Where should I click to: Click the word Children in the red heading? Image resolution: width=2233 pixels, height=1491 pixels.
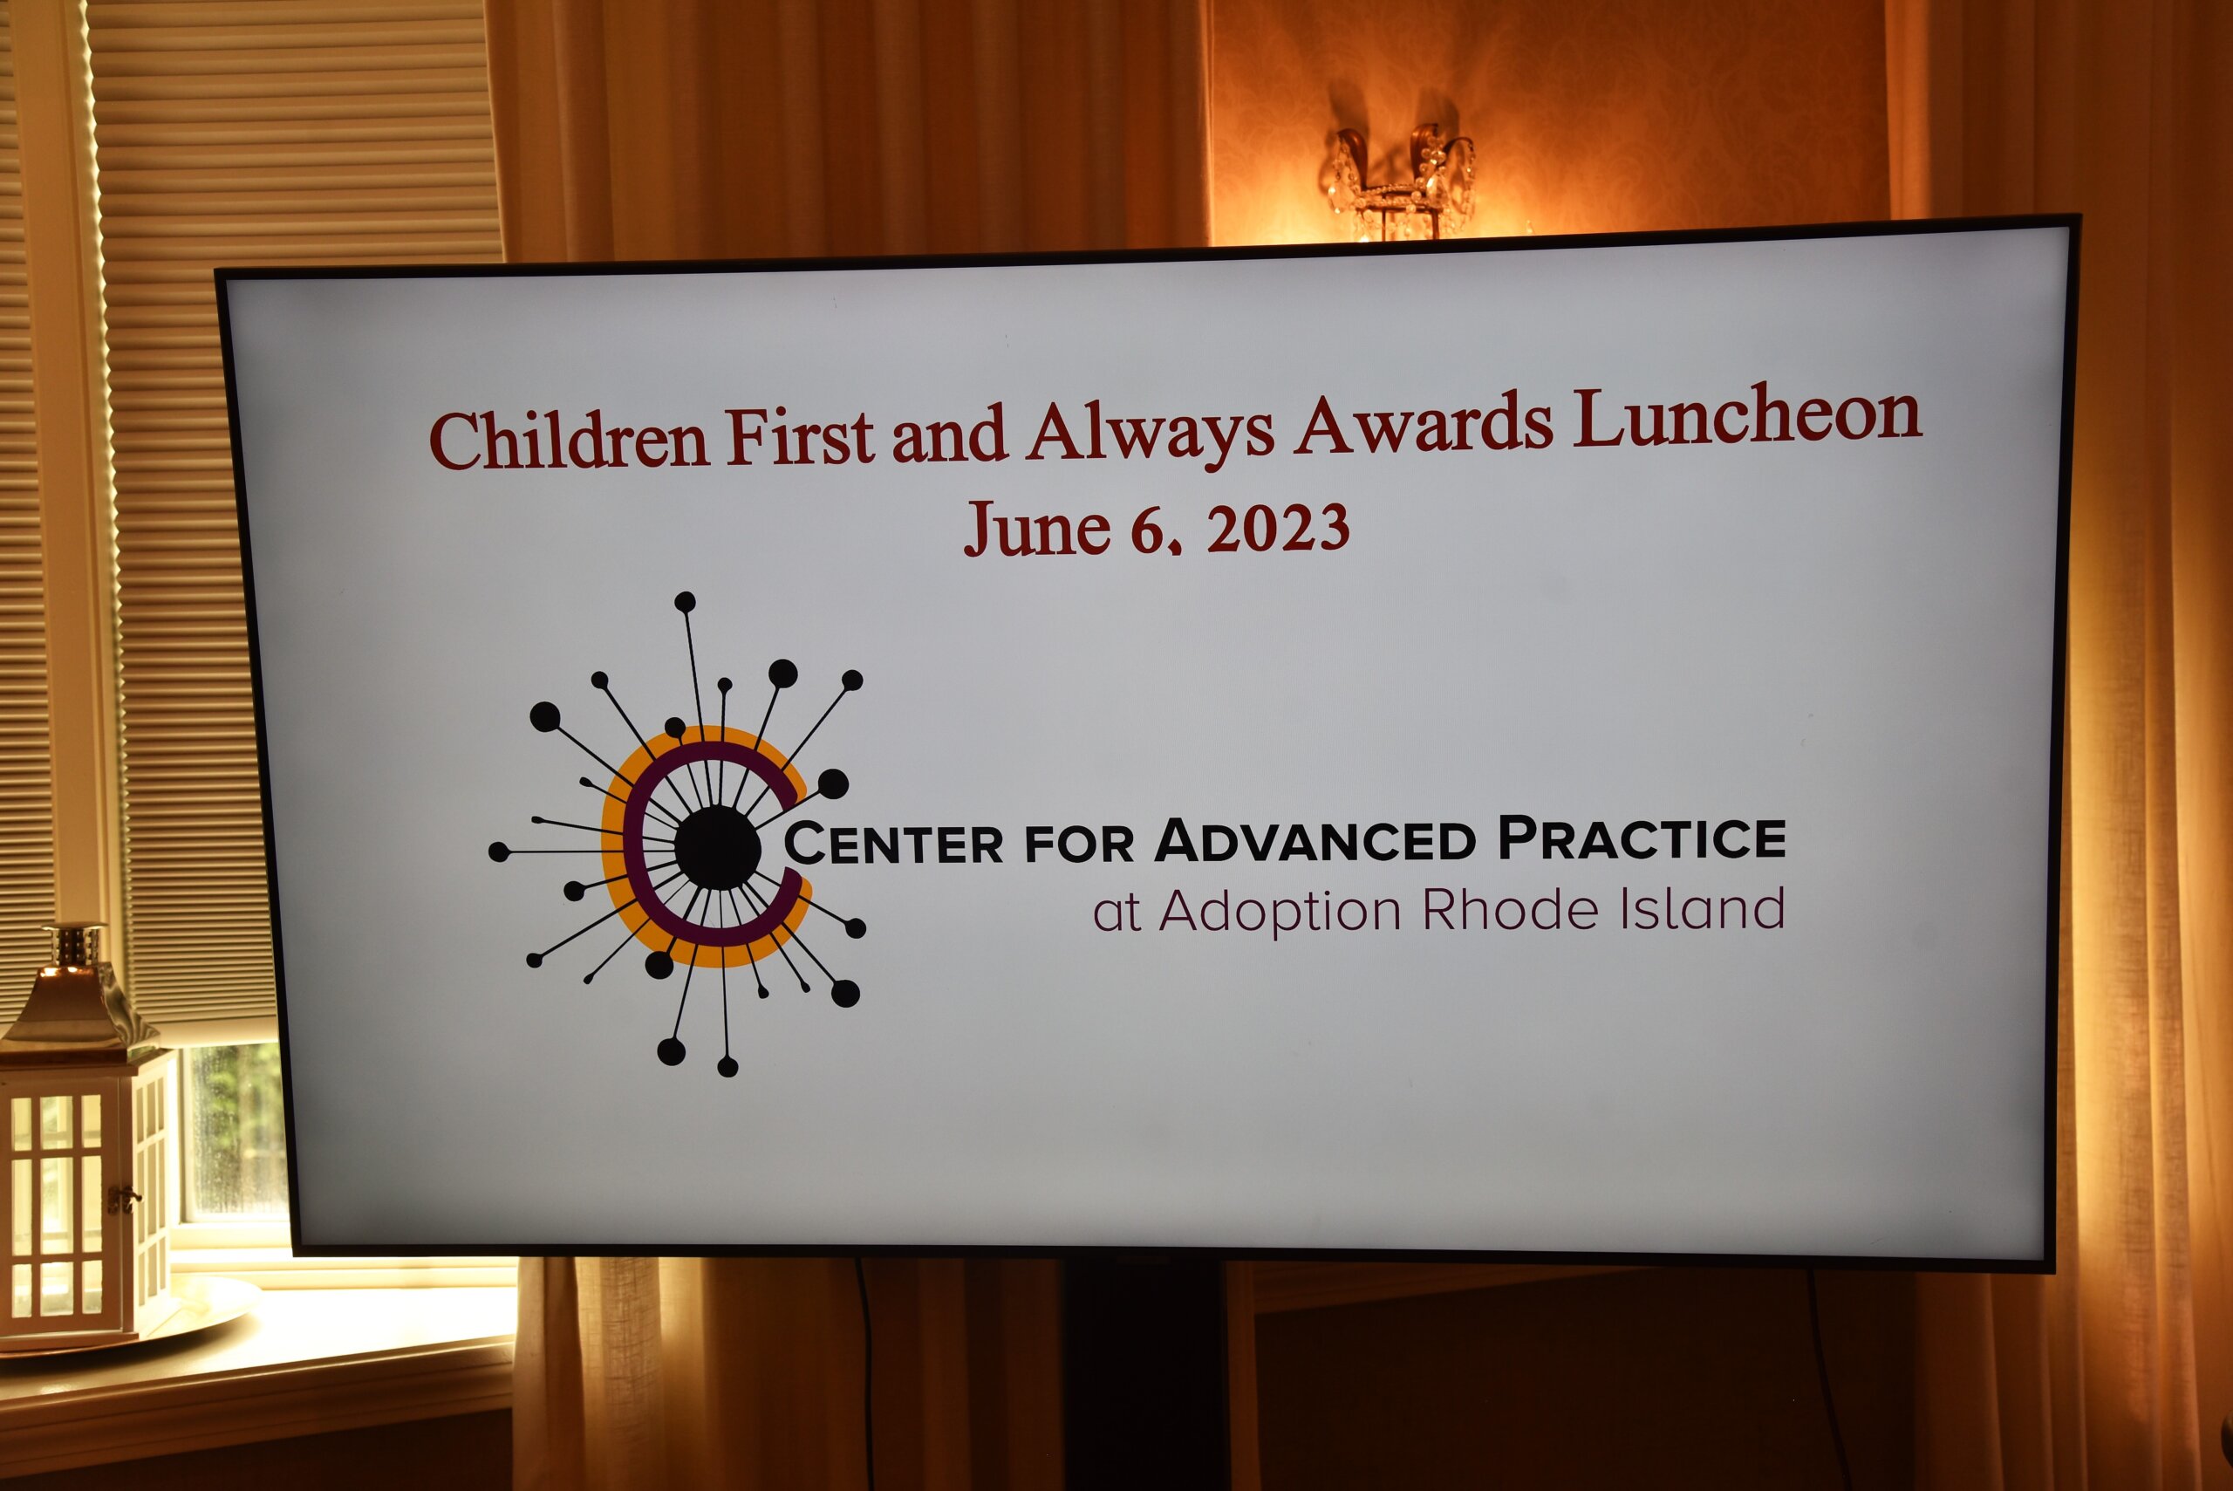tap(569, 440)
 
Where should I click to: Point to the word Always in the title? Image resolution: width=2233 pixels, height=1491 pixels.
tap(1151, 434)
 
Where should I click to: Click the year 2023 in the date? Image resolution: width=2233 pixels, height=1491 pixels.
tap(1278, 528)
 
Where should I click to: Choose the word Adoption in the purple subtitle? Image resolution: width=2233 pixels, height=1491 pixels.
tap(1280, 912)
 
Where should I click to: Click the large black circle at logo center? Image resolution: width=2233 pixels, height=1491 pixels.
tap(718, 848)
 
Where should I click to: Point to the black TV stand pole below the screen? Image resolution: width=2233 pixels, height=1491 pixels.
tap(1144, 1375)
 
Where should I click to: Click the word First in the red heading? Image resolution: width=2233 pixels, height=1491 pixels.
tap(800, 437)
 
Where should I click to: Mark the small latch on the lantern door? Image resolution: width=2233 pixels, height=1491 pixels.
tap(121, 1198)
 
